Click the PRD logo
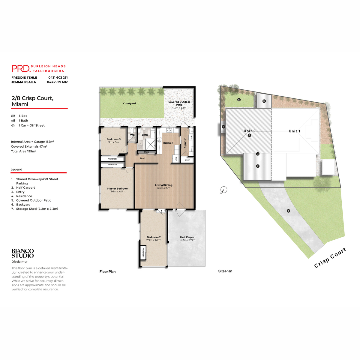(x=21, y=68)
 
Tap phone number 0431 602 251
(x=58, y=77)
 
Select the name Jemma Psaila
(x=24, y=82)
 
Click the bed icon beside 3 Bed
(x=13, y=116)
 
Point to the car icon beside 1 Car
(x=13, y=125)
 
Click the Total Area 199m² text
(x=24, y=151)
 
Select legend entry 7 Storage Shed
(x=37, y=209)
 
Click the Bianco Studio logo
(x=22, y=253)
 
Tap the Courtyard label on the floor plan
(x=129, y=103)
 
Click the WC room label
(x=132, y=135)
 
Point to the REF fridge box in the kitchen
(x=176, y=159)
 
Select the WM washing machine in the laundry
(x=191, y=138)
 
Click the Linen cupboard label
(x=187, y=160)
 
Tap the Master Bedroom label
(x=118, y=189)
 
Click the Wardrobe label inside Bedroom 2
(x=143, y=253)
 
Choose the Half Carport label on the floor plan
(x=188, y=237)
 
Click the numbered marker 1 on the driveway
(x=288, y=211)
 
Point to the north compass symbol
(x=223, y=190)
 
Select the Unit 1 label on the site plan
(x=294, y=131)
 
